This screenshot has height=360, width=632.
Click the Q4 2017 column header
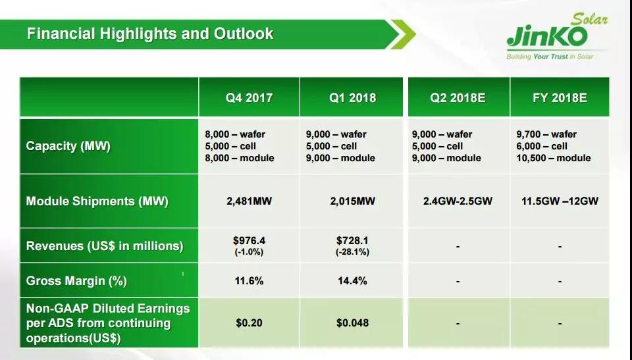click(249, 98)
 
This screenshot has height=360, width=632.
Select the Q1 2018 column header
click(353, 98)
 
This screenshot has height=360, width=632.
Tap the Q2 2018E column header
click(458, 98)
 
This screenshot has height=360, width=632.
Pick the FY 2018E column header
click(560, 98)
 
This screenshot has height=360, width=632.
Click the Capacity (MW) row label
click(68, 146)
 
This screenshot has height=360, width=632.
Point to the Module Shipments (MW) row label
click(97, 201)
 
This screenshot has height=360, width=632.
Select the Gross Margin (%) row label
click(76, 281)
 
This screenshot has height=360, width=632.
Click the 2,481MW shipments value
click(249, 201)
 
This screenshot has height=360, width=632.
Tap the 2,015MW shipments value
click(353, 201)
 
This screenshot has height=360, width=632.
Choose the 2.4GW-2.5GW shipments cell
click(458, 201)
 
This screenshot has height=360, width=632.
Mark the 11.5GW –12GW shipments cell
click(560, 201)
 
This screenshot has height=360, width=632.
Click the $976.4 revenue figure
click(249, 241)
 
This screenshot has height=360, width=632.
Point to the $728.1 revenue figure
click(353, 241)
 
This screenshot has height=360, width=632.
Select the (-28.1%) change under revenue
click(353, 252)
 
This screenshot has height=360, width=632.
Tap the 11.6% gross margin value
click(249, 281)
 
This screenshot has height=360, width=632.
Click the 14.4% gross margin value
click(353, 281)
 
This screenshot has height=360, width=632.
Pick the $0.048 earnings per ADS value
click(353, 323)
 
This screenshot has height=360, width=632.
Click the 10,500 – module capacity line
click(553, 158)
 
